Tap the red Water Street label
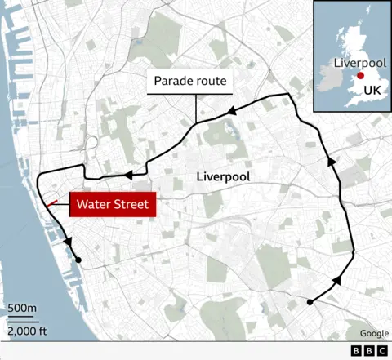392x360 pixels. click(x=113, y=204)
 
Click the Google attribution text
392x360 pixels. click(x=374, y=333)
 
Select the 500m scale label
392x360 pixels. click(x=22, y=308)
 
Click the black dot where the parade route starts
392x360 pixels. click(x=310, y=303)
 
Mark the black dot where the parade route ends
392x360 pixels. click(x=79, y=260)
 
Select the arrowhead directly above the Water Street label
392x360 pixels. click(x=127, y=175)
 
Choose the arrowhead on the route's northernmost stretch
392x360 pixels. click(x=231, y=109)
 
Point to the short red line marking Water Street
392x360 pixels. click(x=52, y=202)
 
